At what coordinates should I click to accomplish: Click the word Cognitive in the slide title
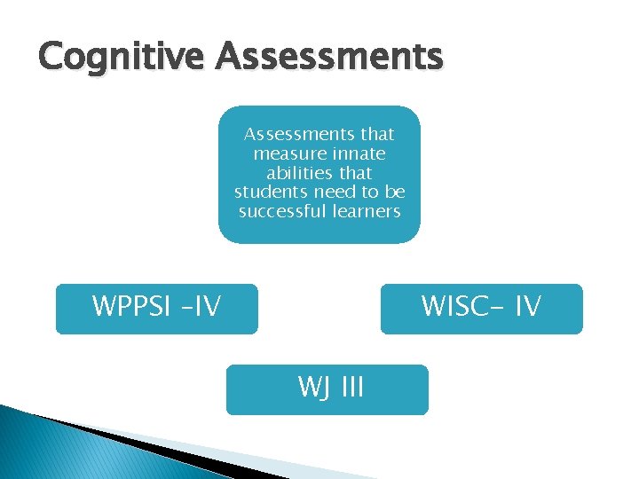click(122, 57)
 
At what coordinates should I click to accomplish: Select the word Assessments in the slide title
click(328, 57)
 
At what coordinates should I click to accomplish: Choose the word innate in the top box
click(361, 153)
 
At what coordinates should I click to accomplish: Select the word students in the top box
click(270, 192)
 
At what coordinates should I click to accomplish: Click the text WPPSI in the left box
click(129, 307)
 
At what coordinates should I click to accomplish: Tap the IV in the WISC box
click(527, 307)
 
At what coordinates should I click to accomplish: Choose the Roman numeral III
click(347, 388)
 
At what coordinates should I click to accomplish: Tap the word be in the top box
click(396, 192)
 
